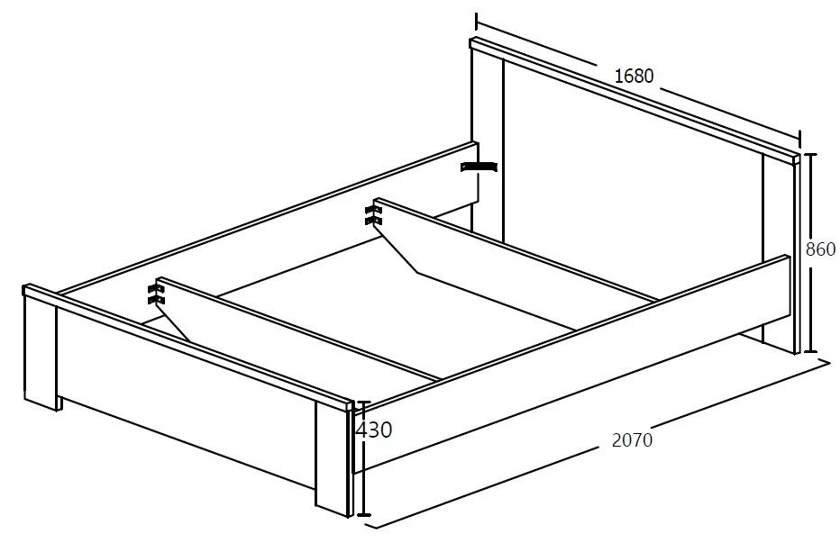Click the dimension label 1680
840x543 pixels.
[634, 76]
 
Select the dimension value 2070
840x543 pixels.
[632, 439]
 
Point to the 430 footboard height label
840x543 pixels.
[374, 430]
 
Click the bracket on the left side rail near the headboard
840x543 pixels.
[479, 167]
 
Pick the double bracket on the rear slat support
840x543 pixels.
[373, 214]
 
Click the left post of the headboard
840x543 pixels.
[487, 145]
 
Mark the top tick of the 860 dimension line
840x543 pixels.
[810, 154]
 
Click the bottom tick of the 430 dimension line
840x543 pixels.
[364, 515]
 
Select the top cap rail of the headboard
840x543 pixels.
[635, 100]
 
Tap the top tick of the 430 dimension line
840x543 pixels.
[364, 402]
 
